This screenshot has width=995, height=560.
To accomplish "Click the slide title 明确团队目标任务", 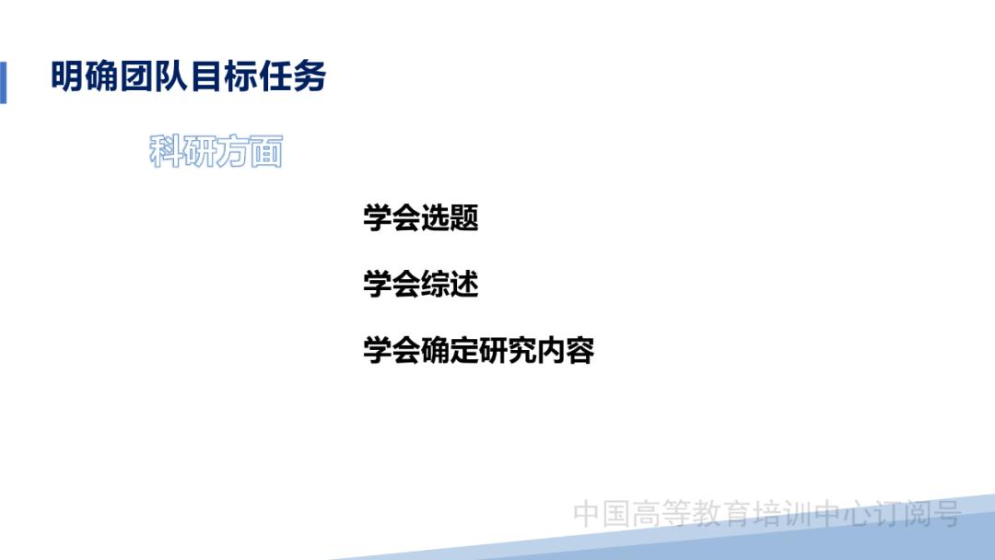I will click(x=189, y=77).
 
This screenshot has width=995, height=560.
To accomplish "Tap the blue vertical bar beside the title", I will click(x=3, y=82).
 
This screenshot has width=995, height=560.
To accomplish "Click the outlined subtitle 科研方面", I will click(x=216, y=152).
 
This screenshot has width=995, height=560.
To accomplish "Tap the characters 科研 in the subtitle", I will click(x=182, y=152).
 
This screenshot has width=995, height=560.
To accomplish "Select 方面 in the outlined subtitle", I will click(x=249, y=152).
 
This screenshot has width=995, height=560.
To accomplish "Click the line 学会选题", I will click(x=421, y=219).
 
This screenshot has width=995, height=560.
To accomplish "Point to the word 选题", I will click(x=450, y=219).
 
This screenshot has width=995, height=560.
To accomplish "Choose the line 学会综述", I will click(x=421, y=285).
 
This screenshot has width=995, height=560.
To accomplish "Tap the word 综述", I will click(x=450, y=285).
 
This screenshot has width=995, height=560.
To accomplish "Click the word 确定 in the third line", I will click(x=450, y=351).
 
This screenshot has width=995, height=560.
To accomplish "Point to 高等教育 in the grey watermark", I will click(x=690, y=513).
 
